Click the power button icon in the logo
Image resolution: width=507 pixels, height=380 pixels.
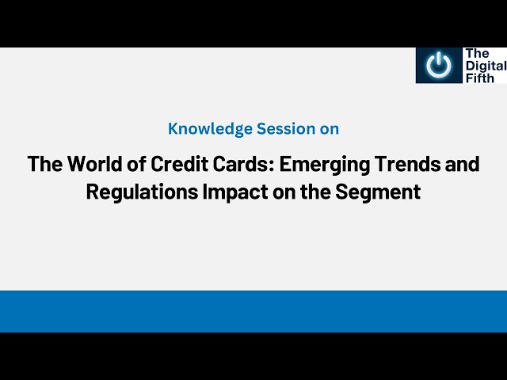[437, 65]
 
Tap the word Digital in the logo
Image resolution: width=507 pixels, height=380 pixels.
[485, 65]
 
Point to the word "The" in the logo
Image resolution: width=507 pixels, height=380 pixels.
[477, 53]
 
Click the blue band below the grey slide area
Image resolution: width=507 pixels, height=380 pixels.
[253, 311]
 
